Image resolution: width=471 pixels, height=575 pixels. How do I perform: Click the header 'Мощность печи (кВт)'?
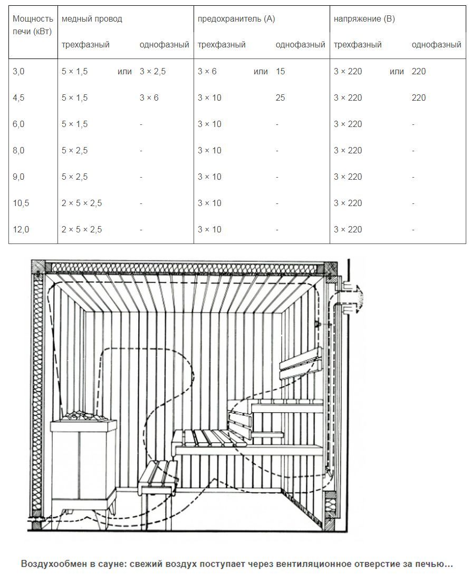click(33, 25)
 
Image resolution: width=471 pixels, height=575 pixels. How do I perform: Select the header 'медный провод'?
click(92, 18)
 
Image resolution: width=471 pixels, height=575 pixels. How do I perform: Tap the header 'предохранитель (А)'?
click(236, 18)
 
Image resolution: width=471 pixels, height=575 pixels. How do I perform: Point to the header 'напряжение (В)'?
click(364, 18)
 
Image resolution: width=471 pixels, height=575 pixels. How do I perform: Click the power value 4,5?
click(18, 98)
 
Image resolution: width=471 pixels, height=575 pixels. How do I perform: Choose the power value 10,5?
click(21, 203)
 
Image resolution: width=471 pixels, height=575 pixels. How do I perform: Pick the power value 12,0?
click(21, 230)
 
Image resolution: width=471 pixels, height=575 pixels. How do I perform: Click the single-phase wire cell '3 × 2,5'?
click(152, 71)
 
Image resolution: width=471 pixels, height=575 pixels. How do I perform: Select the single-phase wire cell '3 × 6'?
click(149, 98)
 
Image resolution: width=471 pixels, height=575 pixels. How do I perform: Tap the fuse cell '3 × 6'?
click(207, 71)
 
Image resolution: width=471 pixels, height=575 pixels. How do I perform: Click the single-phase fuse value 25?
click(280, 98)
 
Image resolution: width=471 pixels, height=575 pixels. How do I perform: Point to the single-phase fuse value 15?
click(280, 71)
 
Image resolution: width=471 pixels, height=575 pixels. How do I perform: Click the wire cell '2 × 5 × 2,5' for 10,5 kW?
click(82, 203)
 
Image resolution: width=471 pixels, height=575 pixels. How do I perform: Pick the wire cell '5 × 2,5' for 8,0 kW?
click(74, 150)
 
